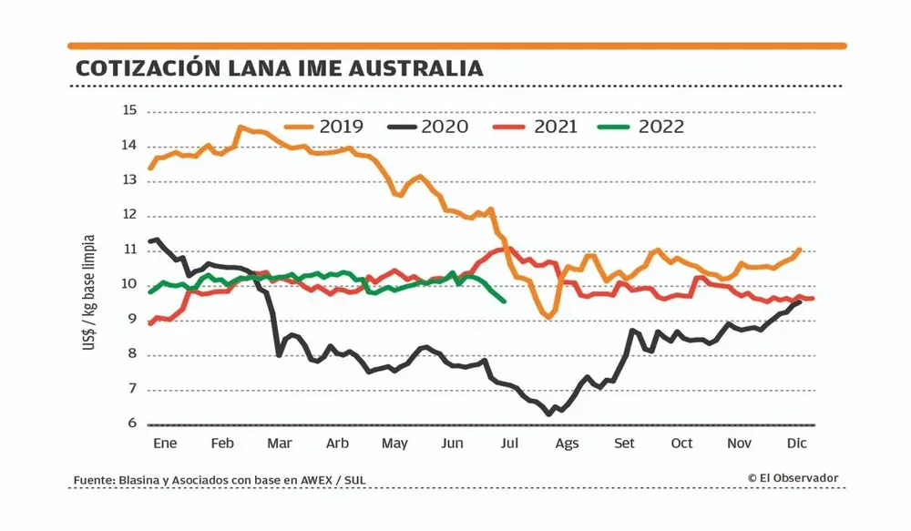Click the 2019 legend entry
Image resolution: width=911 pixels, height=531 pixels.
[x=324, y=127]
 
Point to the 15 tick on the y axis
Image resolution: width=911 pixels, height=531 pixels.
[x=129, y=111]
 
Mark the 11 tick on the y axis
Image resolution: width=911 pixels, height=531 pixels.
[x=129, y=250]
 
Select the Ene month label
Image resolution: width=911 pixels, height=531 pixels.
[x=165, y=444]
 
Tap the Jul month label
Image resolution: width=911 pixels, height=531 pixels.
[x=509, y=444]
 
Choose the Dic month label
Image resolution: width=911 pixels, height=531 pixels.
[x=797, y=444]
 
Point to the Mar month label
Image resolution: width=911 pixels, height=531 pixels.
[x=279, y=444]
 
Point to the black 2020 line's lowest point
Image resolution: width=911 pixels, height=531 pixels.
[x=548, y=414]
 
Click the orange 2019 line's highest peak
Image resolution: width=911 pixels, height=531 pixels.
[x=241, y=128]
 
